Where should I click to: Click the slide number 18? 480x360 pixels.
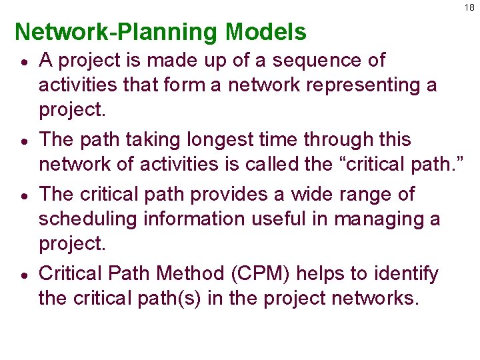[x=470, y=7]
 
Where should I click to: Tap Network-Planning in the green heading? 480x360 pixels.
[x=117, y=32]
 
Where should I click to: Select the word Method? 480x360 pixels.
[x=179, y=273]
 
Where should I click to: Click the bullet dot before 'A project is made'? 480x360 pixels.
[x=22, y=61]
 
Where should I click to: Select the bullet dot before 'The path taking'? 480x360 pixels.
[x=22, y=141]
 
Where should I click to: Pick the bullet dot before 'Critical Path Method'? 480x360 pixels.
[x=22, y=275]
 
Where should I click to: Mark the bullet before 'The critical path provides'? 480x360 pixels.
[x=22, y=195]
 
